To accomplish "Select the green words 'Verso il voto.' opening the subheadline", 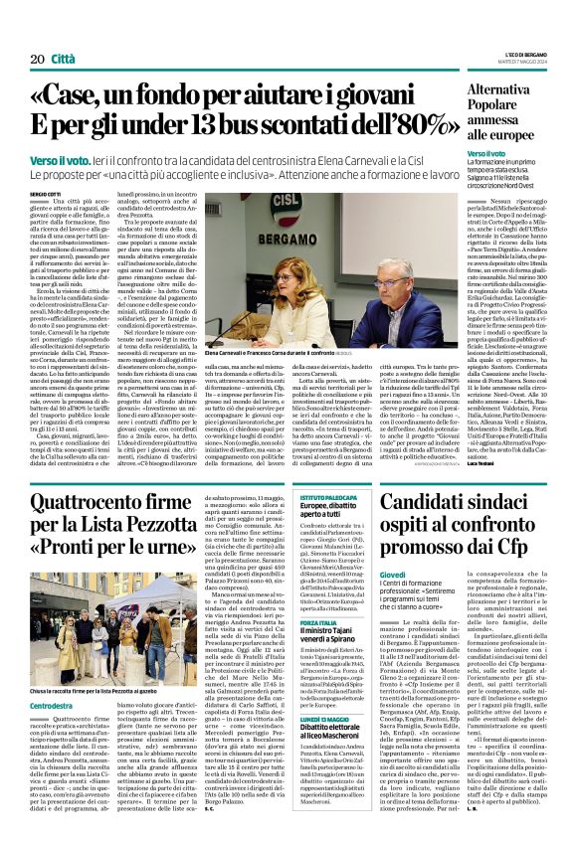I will click(59, 159).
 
